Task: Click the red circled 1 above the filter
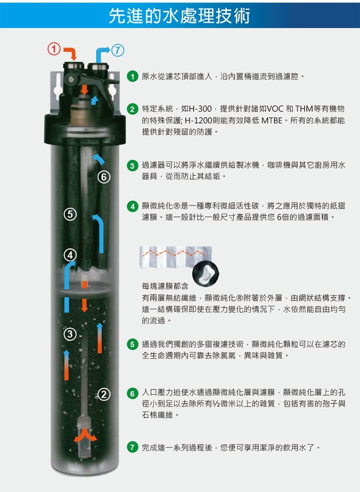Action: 54,49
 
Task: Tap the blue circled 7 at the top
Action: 118,50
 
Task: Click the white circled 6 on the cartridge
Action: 104,177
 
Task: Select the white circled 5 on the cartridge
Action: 70,214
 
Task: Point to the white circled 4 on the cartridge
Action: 70,255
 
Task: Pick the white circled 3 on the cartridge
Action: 70,334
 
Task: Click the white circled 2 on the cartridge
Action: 104,394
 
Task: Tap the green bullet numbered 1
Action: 132,76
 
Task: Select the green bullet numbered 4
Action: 132,206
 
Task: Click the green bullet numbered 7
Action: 132,447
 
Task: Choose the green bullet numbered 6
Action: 132,393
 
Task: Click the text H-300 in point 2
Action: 200,109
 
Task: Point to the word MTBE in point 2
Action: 272,120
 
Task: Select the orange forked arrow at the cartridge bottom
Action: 85,436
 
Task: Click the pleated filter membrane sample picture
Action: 175,257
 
